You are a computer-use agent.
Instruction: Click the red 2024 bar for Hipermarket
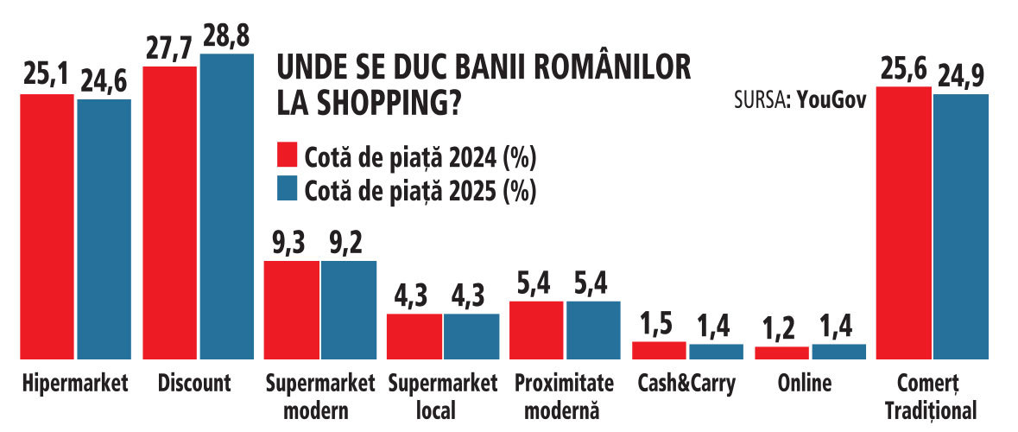[47, 226]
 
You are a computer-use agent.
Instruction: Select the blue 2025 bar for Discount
[226, 206]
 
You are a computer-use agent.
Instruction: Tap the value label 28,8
[227, 35]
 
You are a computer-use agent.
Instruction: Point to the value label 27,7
[170, 48]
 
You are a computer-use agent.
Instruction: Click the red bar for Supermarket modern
[292, 310]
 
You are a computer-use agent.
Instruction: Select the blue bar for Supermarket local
[471, 336]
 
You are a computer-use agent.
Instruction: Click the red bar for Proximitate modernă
[535, 330]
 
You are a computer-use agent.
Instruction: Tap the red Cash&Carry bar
[658, 350]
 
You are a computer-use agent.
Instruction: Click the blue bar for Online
[838, 352]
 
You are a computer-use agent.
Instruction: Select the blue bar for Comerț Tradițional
[961, 226]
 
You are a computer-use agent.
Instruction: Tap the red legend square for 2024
[287, 156]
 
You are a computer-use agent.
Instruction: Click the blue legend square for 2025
[287, 189]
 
